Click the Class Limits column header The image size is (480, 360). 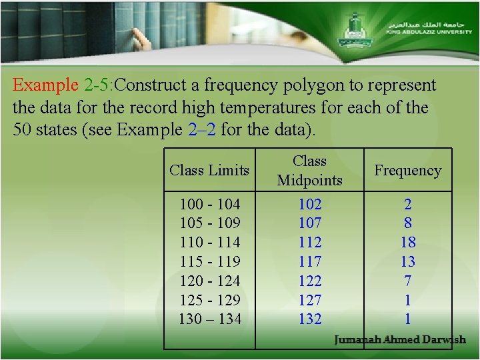[209, 171]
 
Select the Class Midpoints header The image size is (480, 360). [309, 171]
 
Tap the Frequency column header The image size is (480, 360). [408, 171]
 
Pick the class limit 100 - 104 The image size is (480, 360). [210, 204]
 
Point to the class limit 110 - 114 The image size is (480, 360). [210, 243]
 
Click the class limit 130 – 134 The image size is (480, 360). [210, 319]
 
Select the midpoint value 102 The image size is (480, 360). [310, 204]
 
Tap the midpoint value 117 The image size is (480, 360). [310, 261]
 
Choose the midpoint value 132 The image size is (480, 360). [310, 319]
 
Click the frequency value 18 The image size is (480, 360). [408, 243]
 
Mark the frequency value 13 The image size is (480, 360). [408, 261]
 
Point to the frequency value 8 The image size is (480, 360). [408, 223]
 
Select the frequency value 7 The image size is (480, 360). [408, 281]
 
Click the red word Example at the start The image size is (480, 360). [46, 85]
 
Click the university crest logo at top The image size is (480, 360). [352, 30]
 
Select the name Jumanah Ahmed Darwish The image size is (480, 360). [400, 340]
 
